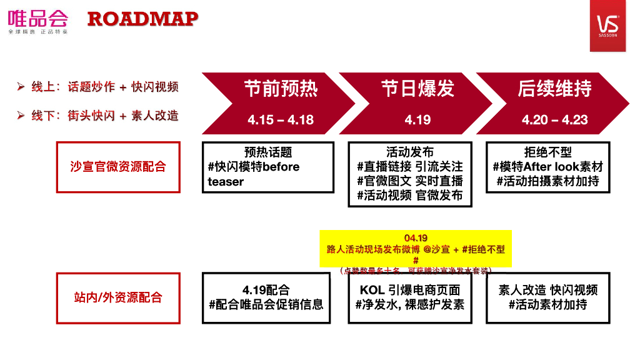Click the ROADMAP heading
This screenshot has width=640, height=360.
coord(142,19)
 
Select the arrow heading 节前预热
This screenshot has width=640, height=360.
coord(281,89)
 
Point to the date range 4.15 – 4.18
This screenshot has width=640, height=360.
coord(281,120)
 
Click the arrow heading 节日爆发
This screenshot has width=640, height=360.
coord(417,89)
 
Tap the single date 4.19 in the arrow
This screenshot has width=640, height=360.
coord(417,120)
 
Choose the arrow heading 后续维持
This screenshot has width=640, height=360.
coord(554,89)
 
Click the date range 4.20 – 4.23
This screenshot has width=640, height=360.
coord(554,120)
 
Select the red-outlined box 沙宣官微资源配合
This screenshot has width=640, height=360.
coord(118,167)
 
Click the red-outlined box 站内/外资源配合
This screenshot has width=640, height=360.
coord(118,297)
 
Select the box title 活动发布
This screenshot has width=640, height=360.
coord(410,152)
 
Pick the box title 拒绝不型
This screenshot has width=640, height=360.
coord(547,152)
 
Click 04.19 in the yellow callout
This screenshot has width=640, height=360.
coord(416,238)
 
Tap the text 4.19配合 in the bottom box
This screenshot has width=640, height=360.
coord(266,290)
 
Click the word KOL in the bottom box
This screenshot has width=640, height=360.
coord(372,290)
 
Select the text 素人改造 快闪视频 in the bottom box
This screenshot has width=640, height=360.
coord(547,290)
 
